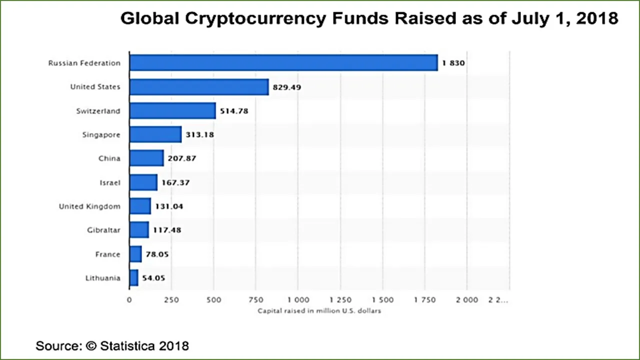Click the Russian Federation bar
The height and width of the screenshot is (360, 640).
[283, 62]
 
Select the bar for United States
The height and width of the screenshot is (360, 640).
[199, 87]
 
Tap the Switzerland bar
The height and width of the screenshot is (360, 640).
[172, 110]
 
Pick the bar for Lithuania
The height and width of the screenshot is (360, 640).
[133, 277]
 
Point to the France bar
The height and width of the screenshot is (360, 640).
[135, 254]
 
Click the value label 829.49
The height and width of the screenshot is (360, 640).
[287, 87]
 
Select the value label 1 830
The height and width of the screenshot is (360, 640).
[453, 63]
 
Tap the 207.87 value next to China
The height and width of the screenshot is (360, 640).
[182, 158]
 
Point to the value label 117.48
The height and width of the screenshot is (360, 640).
[167, 230]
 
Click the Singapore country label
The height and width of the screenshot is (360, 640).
[101, 134]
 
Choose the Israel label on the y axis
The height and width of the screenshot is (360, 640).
[110, 182]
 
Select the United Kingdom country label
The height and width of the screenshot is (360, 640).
[89, 206]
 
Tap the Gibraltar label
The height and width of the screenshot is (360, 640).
[103, 230]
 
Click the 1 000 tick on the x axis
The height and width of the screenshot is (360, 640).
[298, 300]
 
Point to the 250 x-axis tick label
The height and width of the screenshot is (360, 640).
[171, 300]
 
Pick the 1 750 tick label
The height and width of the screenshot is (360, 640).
[425, 300]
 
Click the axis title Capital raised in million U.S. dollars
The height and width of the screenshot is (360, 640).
[319, 311]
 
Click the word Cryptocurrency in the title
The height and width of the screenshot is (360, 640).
[255, 19]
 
